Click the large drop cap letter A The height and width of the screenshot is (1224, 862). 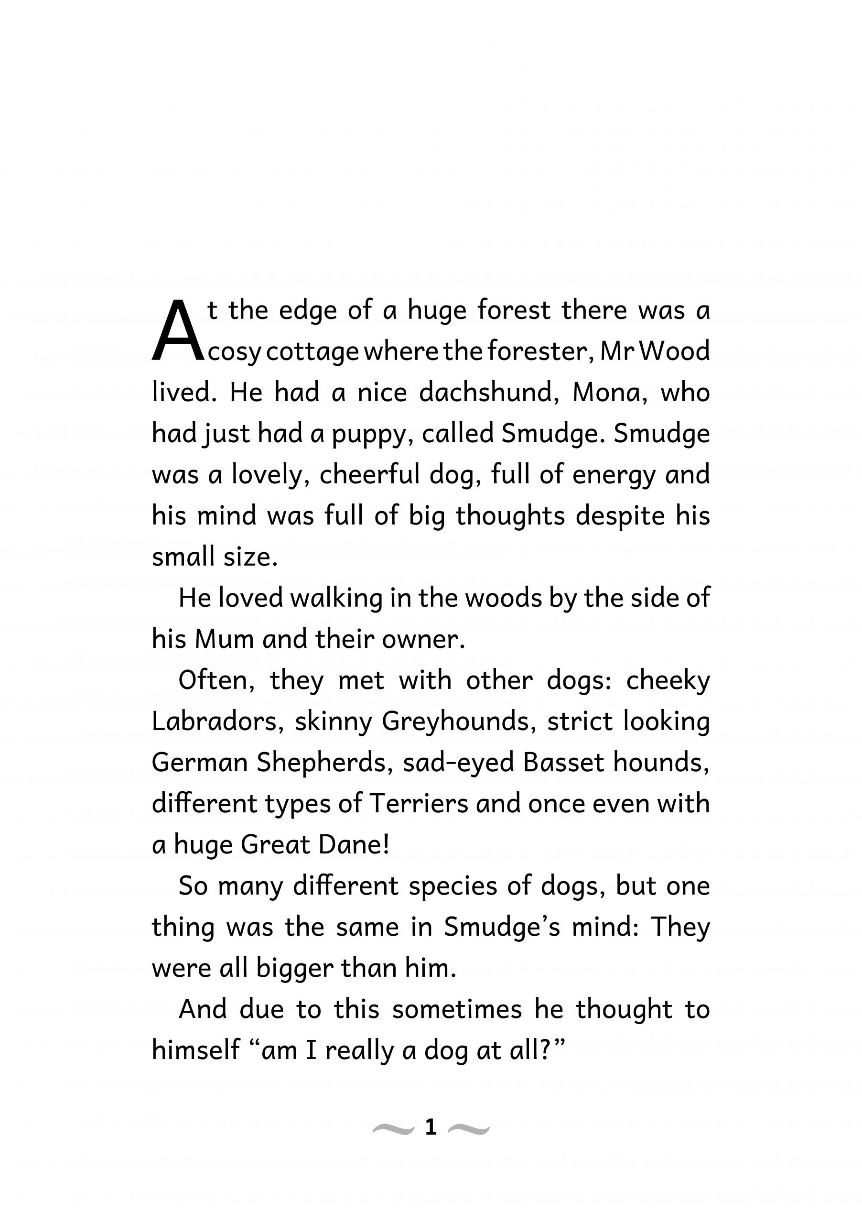pyautogui.click(x=178, y=330)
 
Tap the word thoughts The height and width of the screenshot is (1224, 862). pyautogui.click(x=510, y=516)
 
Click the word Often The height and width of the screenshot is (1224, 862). pyautogui.click(x=215, y=680)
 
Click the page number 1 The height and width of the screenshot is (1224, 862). pyautogui.click(x=431, y=1127)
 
